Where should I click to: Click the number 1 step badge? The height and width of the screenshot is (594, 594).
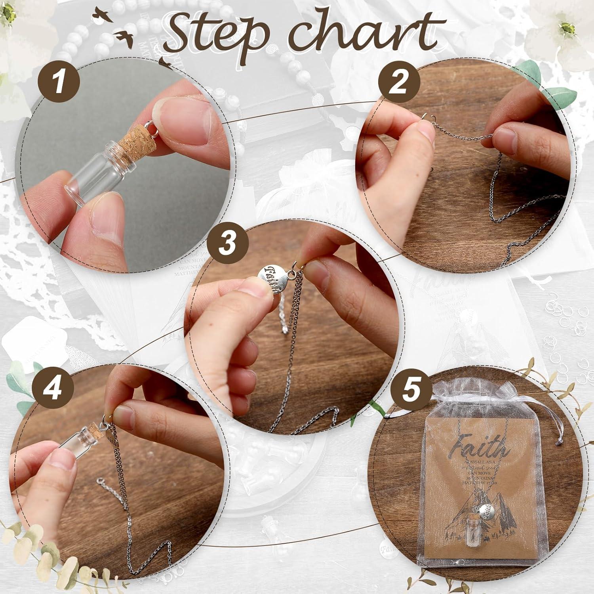59,83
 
